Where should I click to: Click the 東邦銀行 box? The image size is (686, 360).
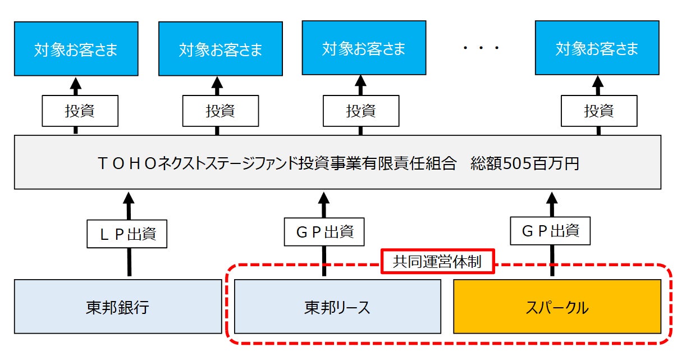(x=118, y=307)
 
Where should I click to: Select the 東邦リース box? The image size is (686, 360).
(x=337, y=307)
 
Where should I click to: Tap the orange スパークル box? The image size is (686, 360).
(x=557, y=307)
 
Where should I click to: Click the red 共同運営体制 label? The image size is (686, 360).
(x=438, y=262)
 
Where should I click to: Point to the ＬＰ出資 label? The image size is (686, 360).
(x=128, y=233)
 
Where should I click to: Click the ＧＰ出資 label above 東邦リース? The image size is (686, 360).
(x=323, y=231)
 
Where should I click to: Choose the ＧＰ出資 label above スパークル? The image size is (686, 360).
(x=551, y=230)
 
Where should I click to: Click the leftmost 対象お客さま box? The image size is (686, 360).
(x=76, y=49)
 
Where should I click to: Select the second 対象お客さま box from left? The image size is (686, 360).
(x=221, y=49)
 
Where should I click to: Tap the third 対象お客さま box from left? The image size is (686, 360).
(x=364, y=48)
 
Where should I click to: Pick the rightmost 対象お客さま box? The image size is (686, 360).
(x=597, y=48)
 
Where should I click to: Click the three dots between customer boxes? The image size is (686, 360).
(x=481, y=49)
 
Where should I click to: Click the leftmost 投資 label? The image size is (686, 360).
(x=80, y=111)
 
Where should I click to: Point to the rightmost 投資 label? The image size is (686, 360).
(x=599, y=111)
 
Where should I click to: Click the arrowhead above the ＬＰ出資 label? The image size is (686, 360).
(x=129, y=198)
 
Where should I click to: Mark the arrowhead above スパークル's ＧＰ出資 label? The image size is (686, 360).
(x=552, y=198)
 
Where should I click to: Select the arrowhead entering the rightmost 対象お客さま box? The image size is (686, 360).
(x=599, y=82)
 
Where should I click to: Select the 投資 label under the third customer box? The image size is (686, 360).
(x=361, y=111)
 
